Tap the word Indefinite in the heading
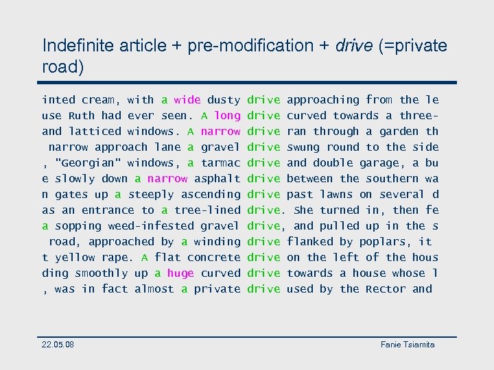[x=77, y=46]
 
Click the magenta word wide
[x=187, y=100]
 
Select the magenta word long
[x=227, y=116]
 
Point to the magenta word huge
[x=180, y=273]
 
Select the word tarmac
[x=221, y=163]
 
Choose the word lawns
[x=336, y=195]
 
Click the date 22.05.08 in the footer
[x=58, y=344]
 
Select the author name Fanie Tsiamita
[x=408, y=344]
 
